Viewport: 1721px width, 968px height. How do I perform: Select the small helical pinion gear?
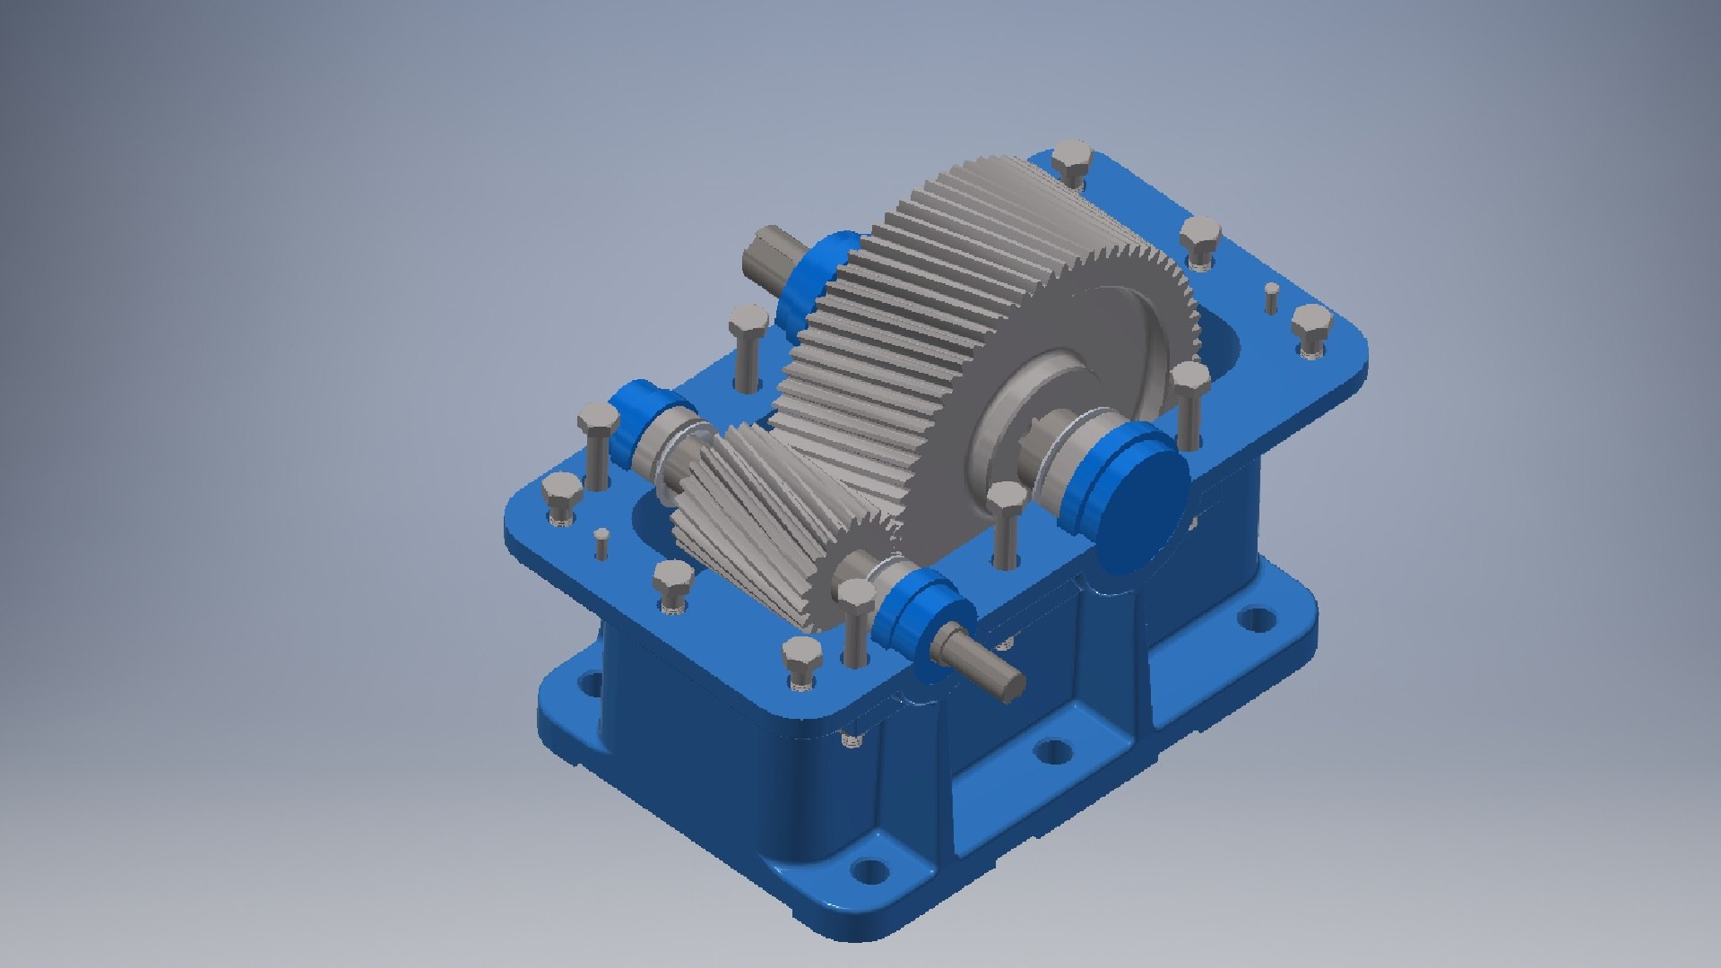(753, 520)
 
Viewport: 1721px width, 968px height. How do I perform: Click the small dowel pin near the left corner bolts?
(602, 541)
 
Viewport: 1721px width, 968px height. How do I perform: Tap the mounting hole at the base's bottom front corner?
(867, 869)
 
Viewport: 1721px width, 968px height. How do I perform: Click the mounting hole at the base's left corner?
(590, 684)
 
